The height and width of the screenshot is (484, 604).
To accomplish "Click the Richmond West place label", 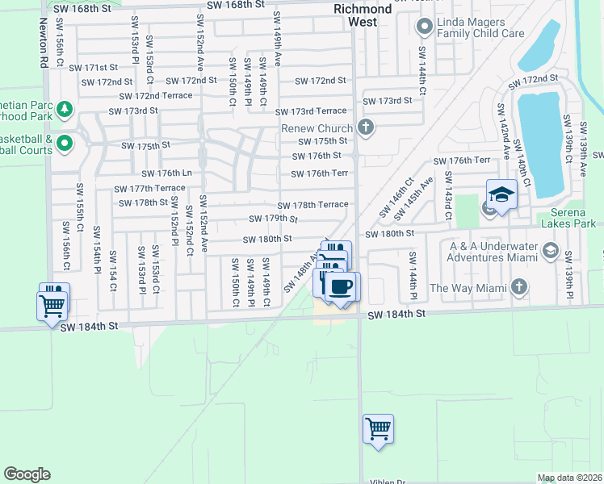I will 363,15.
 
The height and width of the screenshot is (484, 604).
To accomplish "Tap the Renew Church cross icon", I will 366,127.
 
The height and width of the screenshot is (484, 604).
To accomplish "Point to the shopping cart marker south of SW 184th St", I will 378,428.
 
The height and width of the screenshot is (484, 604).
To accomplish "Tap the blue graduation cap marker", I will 501,195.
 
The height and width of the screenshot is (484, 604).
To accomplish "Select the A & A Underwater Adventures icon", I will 550,250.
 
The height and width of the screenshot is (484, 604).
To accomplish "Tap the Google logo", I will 27,474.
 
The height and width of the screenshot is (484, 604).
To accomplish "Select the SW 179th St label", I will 273,219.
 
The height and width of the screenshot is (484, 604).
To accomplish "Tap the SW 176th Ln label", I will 166,173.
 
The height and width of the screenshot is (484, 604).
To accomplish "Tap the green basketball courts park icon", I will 65,145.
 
